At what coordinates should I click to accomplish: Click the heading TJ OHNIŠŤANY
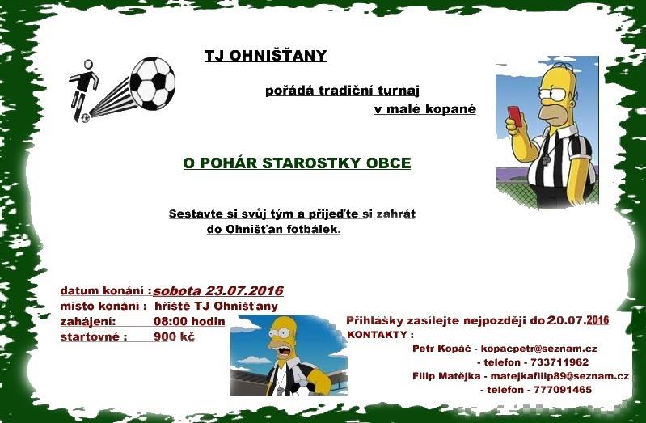266,55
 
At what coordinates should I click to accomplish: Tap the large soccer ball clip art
153,83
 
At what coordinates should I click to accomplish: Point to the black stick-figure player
82,91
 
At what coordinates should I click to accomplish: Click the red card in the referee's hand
514,116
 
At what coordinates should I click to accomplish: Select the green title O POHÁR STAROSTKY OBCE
297,163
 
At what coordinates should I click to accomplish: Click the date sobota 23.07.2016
218,290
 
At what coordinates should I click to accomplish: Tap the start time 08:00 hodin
189,321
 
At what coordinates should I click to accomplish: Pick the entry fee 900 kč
174,336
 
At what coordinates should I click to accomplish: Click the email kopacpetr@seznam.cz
539,349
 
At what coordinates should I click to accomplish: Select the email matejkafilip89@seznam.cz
559,376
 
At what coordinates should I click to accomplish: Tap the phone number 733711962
559,362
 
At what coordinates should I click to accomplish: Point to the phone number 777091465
563,390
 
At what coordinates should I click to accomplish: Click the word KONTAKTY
378,335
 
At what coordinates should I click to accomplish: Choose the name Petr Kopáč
441,349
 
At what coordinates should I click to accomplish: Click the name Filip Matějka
446,376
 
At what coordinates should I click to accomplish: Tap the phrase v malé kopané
425,109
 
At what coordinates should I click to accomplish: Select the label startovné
91,336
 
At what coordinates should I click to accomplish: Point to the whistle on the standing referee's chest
546,159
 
